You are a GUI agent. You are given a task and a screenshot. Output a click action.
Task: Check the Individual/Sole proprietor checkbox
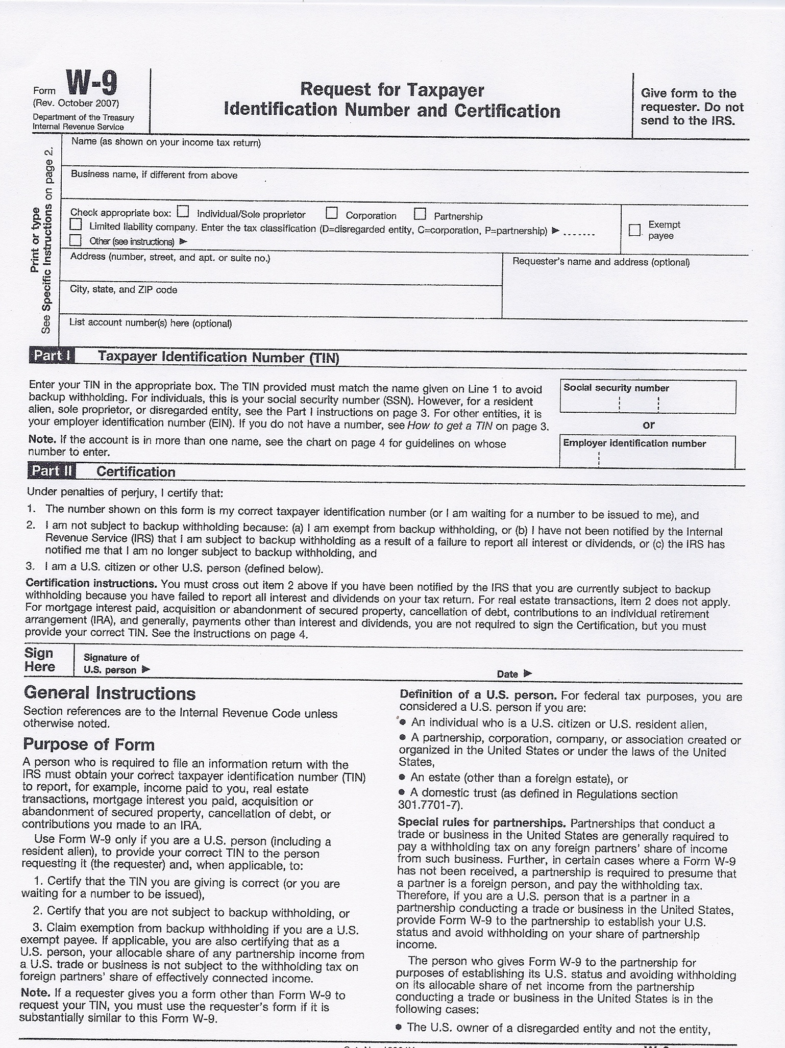click(183, 211)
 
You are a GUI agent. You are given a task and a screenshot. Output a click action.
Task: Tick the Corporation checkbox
click(332, 212)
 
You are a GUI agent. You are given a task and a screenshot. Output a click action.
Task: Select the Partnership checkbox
click(420, 213)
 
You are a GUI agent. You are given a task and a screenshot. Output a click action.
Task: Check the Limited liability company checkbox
click(76, 224)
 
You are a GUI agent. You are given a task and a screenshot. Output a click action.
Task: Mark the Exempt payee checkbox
click(634, 230)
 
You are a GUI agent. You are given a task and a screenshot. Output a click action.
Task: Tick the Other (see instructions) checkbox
click(76, 240)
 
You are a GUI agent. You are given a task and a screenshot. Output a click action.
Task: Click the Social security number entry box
click(647, 404)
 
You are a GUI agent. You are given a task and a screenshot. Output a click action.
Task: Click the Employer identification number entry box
click(647, 458)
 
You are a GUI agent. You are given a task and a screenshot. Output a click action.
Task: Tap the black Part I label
click(52, 355)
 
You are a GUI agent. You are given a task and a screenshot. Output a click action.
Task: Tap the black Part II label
click(52, 470)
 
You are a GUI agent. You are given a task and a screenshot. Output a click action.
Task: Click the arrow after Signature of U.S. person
click(146, 669)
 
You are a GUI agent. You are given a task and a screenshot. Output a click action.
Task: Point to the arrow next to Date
click(528, 673)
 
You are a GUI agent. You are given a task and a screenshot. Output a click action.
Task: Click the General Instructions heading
click(110, 693)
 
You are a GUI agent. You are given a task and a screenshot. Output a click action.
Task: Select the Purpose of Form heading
click(88, 744)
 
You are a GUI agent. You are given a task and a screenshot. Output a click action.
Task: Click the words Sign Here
click(39, 660)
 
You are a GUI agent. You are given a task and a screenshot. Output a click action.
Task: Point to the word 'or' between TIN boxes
click(649, 425)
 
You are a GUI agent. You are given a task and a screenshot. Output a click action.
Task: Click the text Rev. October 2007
click(76, 103)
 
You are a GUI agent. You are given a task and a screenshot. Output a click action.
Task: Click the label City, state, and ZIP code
click(124, 290)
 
